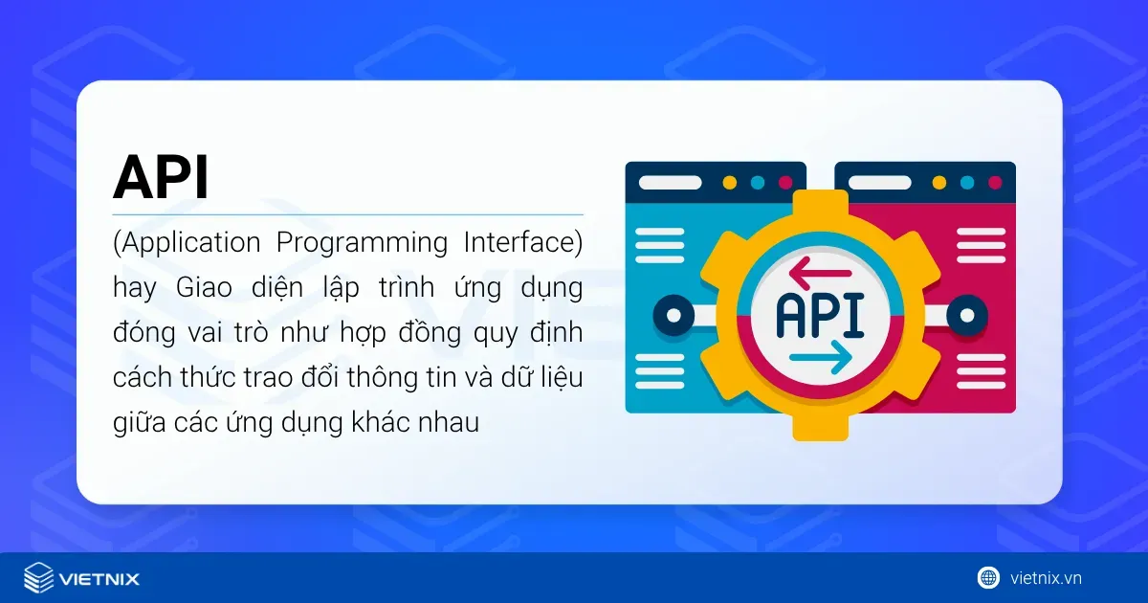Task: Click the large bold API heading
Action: [x=161, y=176]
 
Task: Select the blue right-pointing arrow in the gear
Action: [x=821, y=359]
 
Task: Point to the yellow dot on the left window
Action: [x=730, y=182]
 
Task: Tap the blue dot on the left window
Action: [x=758, y=182]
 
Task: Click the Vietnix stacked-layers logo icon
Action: [x=39, y=577]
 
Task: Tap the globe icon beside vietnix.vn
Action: [x=988, y=577]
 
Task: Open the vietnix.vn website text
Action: [x=1046, y=578]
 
